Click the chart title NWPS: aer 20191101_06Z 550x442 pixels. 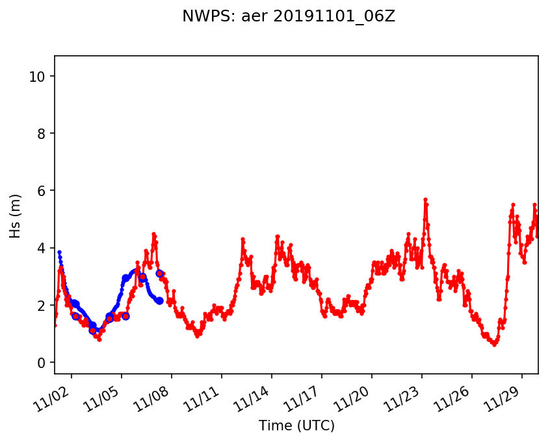click(289, 17)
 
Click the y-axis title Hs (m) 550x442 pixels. click(16, 215)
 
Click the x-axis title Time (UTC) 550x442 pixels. click(296, 426)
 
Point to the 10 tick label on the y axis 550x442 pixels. click(36, 77)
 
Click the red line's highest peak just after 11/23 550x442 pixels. click(425, 199)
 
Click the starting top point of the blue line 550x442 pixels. click(59, 252)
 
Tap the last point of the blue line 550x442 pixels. click(160, 301)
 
